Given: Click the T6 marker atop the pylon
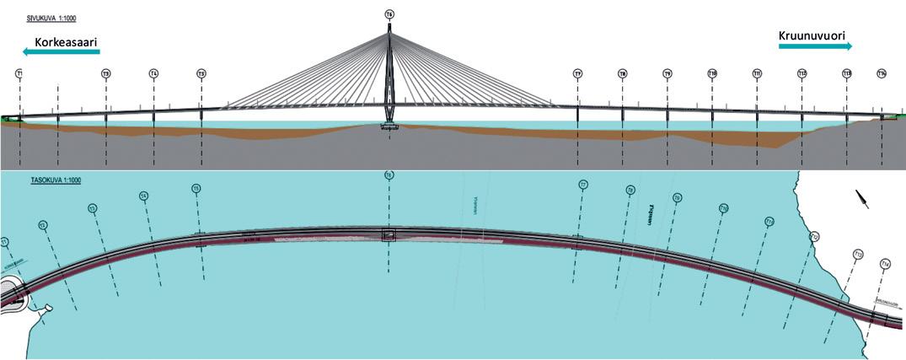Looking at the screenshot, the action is pyautogui.click(x=389, y=14).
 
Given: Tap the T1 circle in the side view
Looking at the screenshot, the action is pyautogui.click(x=19, y=74).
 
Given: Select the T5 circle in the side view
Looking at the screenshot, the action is pyautogui.click(x=201, y=74).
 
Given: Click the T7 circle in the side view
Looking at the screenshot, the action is pyautogui.click(x=577, y=74).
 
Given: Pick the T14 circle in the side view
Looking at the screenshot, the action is pyautogui.click(x=882, y=74).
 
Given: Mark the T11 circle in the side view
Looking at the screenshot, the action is pyautogui.click(x=757, y=74).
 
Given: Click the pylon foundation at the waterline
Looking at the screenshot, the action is pyautogui.click(x=389, y=126).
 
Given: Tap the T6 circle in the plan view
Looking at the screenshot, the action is pyautogui.click(x=389, y=175).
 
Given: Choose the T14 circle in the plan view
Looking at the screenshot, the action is pyautogui.click(x=885, y=265).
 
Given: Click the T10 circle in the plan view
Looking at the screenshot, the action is pyautogui.click(x=723, y=208).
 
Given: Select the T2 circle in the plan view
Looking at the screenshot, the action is pyautogui.click(x=43, y=225).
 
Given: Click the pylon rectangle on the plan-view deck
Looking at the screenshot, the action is pyautogui.click(x=389, y=236).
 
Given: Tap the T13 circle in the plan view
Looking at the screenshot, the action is pyautogui.click(x=858, y=253).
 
